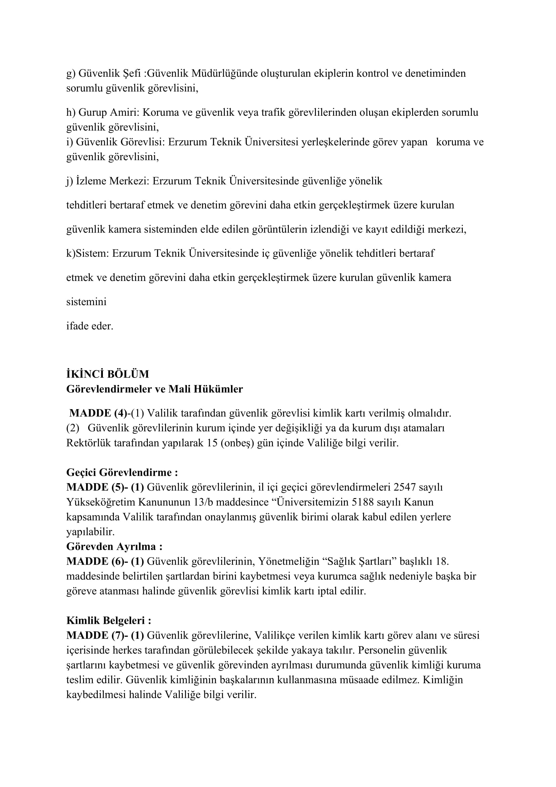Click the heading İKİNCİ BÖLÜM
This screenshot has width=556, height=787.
coord(108,374)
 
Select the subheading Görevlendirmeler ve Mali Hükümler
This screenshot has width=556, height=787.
coord(154,389)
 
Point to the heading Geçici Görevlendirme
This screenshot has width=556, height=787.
coord(122,472)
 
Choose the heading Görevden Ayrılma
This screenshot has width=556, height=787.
coord(114,546)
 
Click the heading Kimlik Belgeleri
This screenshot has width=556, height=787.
coord(109,620)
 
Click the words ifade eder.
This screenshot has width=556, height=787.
coord(90,326)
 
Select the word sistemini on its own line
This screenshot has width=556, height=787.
coord(86,302)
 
